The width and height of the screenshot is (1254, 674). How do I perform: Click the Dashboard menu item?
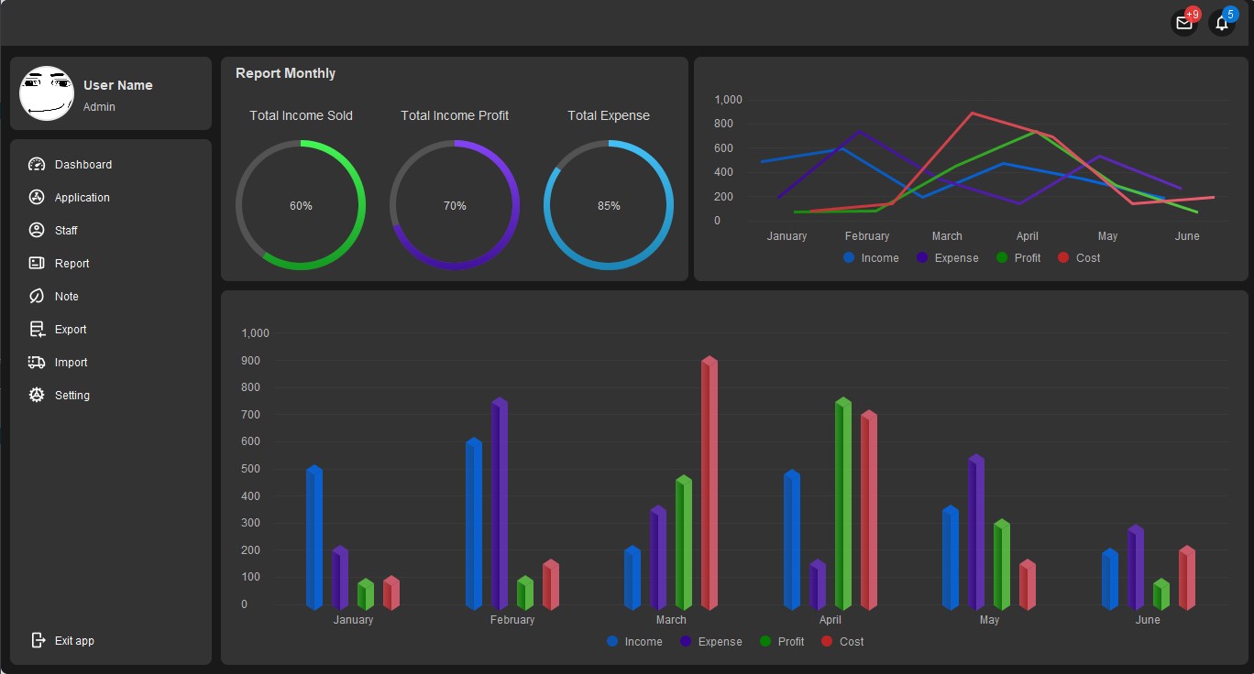pos(82,165)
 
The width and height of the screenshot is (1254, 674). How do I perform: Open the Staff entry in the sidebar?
pos(65,231)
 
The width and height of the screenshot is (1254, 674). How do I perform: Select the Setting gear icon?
pos(37,396)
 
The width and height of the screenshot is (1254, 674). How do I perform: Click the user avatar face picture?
pos(47,92)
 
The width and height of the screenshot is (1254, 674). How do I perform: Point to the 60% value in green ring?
pos(301,206)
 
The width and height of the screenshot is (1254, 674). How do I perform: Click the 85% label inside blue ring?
pos(609,206)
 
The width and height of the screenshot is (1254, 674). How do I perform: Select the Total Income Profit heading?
pos(455,115)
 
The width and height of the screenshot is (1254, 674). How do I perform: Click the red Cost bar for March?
pos(709,484)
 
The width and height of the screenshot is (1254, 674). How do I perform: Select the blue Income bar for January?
pos(314,538)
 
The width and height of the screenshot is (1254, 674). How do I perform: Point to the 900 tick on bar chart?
pos(250,361)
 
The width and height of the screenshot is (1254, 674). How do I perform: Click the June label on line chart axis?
pos(1187,236)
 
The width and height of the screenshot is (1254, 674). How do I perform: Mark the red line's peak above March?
pos(972,114)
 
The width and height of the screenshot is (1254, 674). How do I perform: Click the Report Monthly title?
pos(285,73)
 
